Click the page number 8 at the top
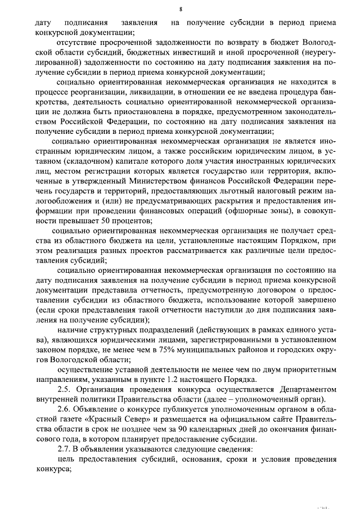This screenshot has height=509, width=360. [x=181, y=8]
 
